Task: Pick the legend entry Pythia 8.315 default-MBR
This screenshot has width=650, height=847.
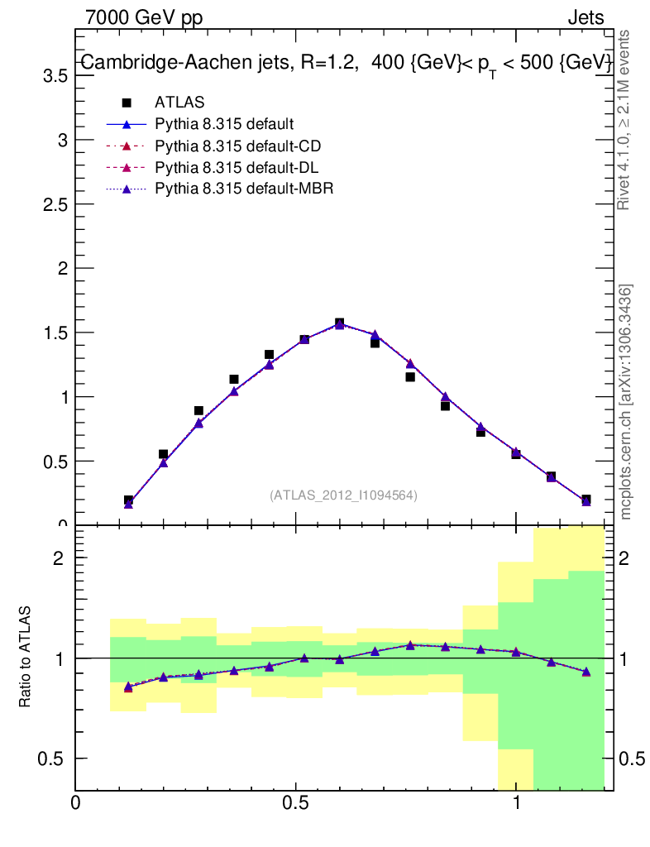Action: click(x=243, y=189)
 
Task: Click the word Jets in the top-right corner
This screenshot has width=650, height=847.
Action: click(x=585, y=17)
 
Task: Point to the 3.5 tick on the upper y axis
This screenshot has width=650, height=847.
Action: click(x=54, y=76)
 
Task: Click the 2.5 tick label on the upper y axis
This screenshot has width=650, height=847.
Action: click(x=54, y=204)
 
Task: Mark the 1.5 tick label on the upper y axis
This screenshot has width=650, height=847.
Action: click(x=54, y=333)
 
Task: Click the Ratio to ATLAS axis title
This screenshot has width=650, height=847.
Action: click(x=25, y=657)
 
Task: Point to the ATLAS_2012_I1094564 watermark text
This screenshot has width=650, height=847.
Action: click(x=343, y=495)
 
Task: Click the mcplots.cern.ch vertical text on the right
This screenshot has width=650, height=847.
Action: click(x=627, y=402)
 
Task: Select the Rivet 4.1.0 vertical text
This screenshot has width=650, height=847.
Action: click(x=624, y=120)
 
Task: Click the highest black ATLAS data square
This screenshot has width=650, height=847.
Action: click(x=339, y=323)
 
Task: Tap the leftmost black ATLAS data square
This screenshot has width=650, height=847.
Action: click(x=128, y=500)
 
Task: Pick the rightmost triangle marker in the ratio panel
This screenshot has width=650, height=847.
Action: click(x=586, y=672)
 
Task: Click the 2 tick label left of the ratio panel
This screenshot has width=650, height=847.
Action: click(x=59, y=558)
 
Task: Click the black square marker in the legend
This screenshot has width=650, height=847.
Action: click(x=127, y=103)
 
